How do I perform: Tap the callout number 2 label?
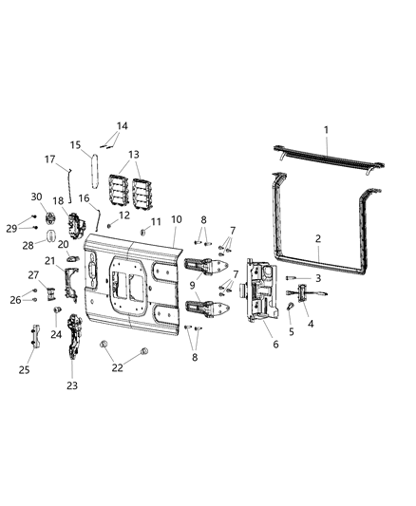pos(318,239)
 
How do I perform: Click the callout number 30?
pos(36,197)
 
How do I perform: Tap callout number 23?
pos(71,385)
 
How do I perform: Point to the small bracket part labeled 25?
pos(35,336)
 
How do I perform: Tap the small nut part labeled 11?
pos(142,232)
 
